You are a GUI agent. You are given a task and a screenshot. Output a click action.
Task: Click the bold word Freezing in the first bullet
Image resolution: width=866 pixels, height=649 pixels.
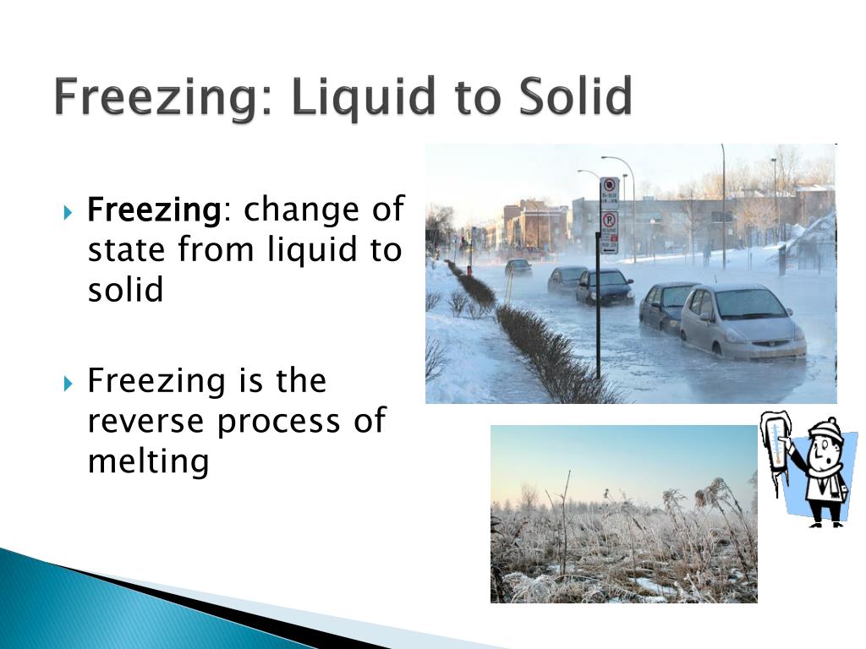point(154,209)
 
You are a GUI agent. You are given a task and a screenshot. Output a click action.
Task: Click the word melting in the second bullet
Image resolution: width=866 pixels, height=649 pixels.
point(148,461)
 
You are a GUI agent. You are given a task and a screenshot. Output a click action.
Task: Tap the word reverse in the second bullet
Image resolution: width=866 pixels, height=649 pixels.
point(145,420)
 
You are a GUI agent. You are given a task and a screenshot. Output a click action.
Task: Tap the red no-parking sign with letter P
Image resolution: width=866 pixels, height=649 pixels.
point(609,222)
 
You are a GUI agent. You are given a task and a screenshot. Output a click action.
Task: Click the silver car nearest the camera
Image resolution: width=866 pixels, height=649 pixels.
point(742,321)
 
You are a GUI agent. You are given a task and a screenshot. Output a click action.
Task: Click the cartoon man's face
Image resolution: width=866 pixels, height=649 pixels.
point(821,457)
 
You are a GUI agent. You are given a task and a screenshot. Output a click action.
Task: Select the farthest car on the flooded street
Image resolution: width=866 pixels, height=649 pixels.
point(518,267)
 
